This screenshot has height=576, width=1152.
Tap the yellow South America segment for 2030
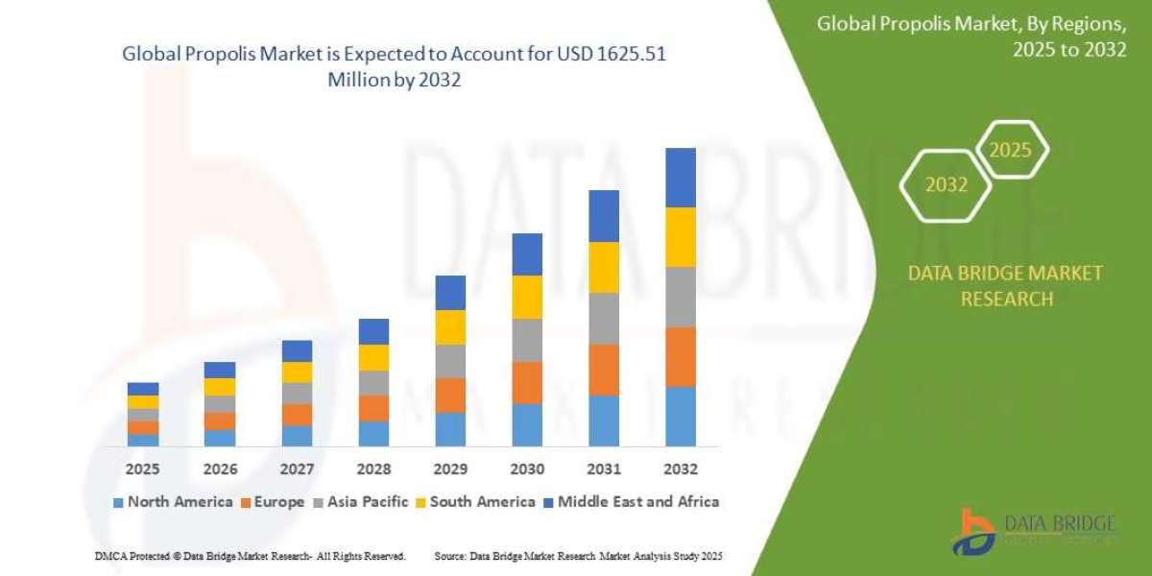(x=527, y=297)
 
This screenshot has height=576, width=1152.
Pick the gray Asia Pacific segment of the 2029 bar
(x=450, y=361)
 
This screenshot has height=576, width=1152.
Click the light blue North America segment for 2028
(x=373, y=433)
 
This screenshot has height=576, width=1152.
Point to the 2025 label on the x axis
(x=142, y=469)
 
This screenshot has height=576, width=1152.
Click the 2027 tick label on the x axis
(x=297, y=469)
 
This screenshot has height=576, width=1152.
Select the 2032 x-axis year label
(x=680, y=469)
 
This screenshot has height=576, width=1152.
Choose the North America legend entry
(x=173, y=501)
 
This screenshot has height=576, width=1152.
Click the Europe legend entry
(x=276, y=501)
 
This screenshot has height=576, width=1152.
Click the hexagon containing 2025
(x=1010, y=150)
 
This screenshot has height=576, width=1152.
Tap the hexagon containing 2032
(x=946, y=184)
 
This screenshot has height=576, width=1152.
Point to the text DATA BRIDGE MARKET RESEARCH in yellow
(x=1005, y=286)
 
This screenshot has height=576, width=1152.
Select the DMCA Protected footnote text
(x=250, y=556)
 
